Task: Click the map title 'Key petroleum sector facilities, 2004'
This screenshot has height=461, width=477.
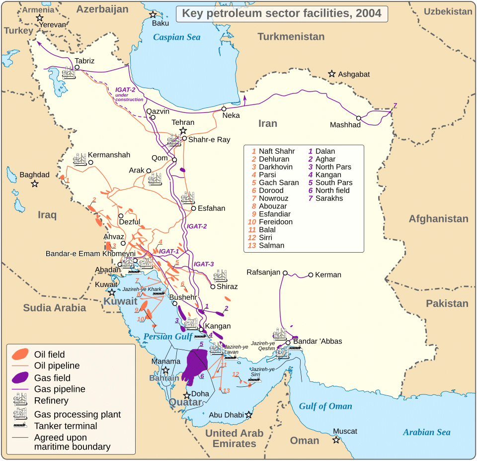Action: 282,13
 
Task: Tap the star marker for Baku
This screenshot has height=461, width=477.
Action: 153,14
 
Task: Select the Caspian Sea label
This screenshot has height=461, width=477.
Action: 176,37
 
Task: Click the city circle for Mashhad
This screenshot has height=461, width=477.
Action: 359,118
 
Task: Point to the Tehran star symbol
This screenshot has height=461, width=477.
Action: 183,130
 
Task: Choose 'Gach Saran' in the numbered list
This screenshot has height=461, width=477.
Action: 279,183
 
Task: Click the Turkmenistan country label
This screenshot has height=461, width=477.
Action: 291,37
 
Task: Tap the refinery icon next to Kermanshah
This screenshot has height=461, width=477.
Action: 79,160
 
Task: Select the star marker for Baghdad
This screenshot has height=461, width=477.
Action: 35,184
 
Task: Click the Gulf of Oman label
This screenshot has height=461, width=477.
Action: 325,406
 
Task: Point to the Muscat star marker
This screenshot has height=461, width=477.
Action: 337,440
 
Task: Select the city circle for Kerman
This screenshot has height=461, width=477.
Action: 311,275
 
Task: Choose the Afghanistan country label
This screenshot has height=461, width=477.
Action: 438,219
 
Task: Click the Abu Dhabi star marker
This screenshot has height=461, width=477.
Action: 249,415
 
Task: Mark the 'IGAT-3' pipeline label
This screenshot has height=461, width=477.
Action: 204,264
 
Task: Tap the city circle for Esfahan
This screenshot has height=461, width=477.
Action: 194,208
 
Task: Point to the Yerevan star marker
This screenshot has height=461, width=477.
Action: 39,18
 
